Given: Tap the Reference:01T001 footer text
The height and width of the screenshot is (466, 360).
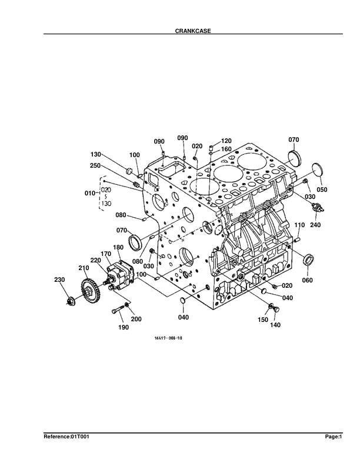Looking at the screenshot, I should point(66,437).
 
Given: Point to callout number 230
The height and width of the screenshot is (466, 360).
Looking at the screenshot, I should point(59,279).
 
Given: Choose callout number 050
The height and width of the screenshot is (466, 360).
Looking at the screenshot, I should point(322,189).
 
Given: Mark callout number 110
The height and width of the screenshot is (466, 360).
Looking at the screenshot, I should point(299,225).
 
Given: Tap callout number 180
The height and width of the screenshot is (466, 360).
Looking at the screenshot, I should point(118,248).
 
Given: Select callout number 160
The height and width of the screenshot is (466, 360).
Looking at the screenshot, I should point(225,149).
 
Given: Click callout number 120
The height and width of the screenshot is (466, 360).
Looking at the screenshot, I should point(226,141).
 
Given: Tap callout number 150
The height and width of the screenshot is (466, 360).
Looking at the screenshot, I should point(262,319).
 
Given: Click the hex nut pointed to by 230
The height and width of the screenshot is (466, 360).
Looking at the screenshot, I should point(70,302).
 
